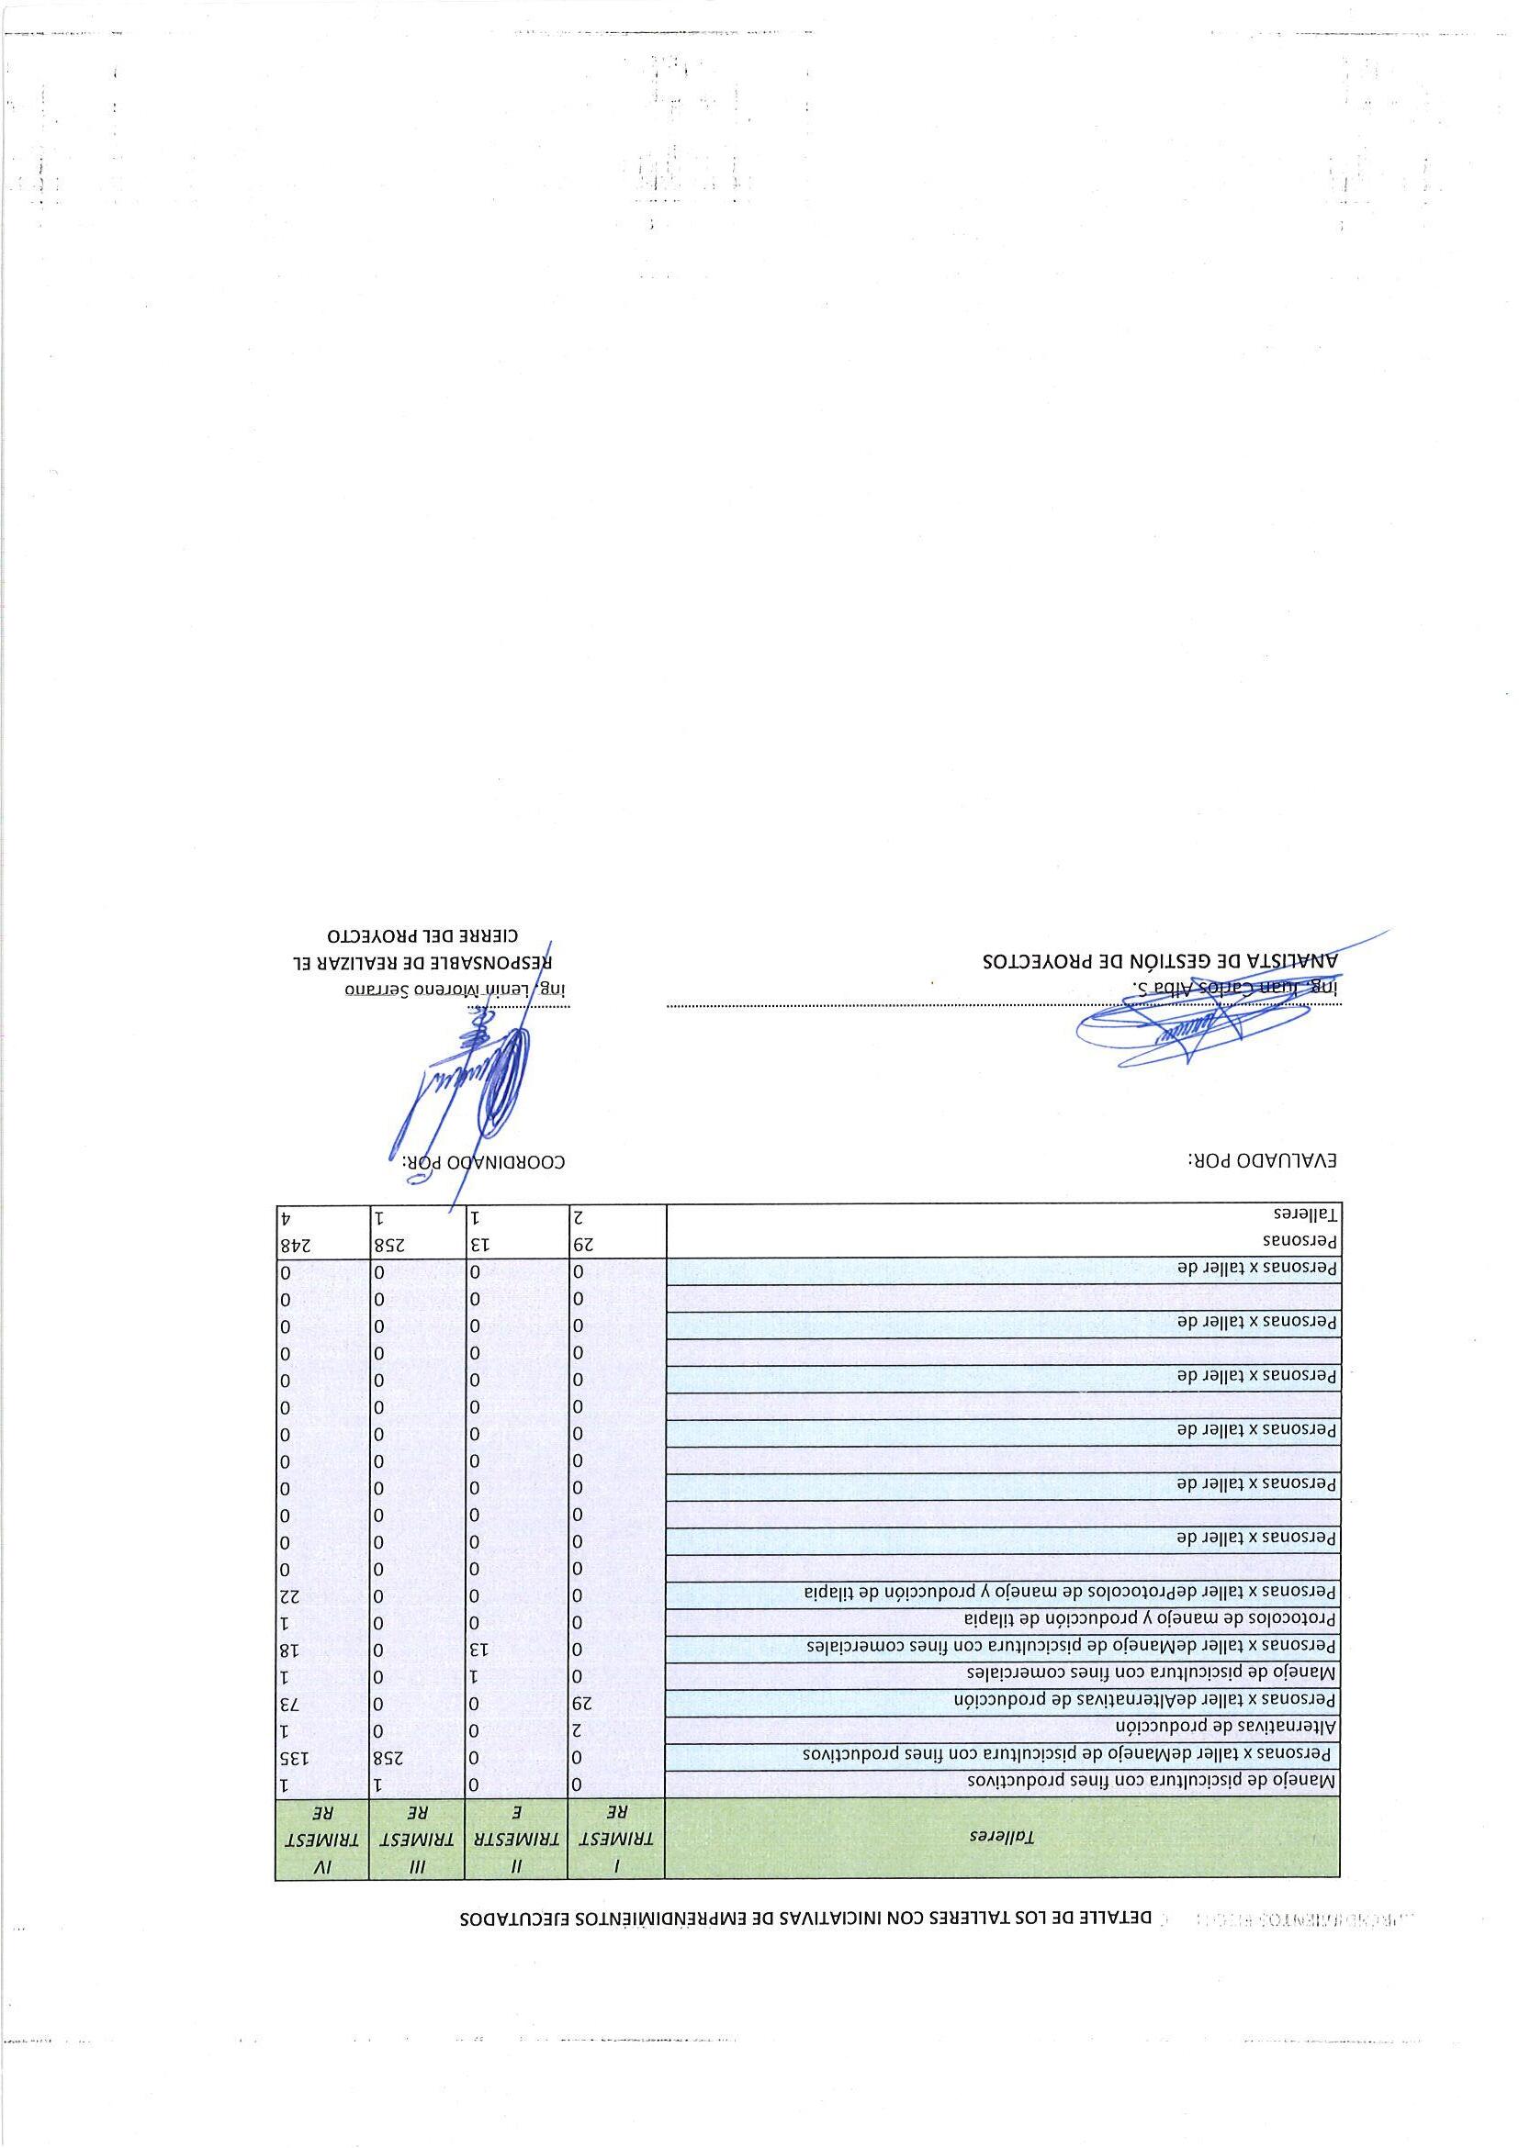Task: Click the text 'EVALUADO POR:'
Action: click(1263, 1161)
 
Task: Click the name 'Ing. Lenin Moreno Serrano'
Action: click(462, 990)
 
